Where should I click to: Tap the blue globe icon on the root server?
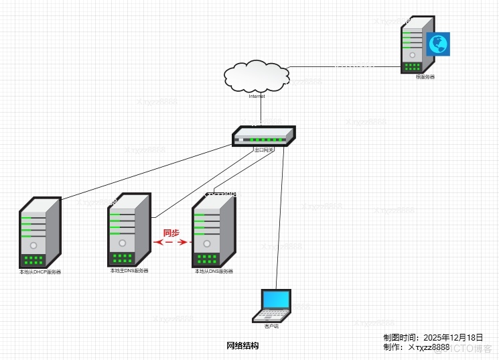(x=438, y=44)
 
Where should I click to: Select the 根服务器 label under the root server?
(x=425, y=77)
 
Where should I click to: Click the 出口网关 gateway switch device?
(x=263, y=136)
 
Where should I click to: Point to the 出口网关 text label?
(x=263, y=149)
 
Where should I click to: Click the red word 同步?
(x=171, y=233)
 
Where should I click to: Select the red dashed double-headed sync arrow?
(x=171, y=243)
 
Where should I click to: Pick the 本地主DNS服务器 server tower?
(x=129, y=230)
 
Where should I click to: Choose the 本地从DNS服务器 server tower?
(x=214, y=231)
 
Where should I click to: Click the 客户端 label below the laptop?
(x=271, y=326)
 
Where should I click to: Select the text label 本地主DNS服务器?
(x=129, y=271)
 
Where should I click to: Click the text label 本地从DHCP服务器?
(x=40, y=272)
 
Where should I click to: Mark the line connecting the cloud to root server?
(x=342, y=66)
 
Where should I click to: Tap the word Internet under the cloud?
(x=257, y=97)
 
